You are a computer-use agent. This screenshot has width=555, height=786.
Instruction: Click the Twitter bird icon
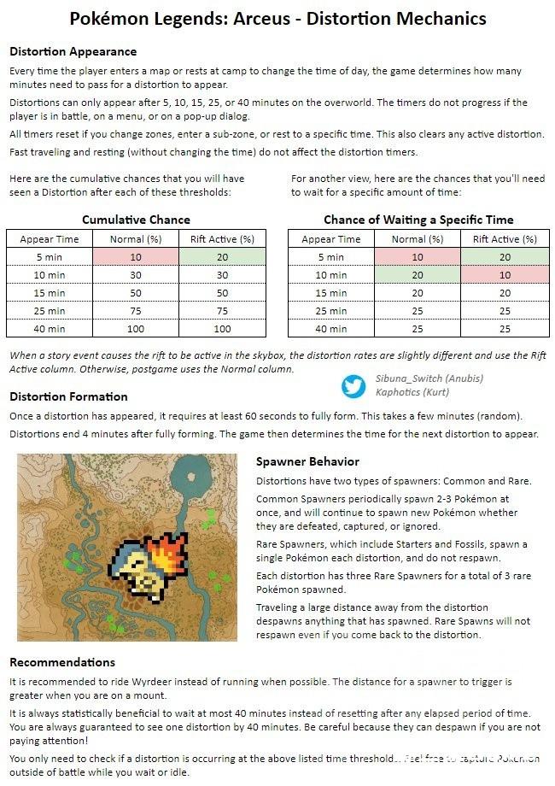pyautogui.click(x=353, y=386)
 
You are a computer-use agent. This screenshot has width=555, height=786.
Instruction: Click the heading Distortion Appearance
pyautogui.click(x=73, y=51)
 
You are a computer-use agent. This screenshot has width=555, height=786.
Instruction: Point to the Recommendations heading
pyautogui.click(x=61, y=662)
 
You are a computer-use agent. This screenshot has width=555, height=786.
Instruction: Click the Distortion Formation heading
pyautogui.click(x=68, y=396)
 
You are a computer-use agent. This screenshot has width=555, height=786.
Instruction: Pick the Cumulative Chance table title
pyautogui.click(x=135, y=220)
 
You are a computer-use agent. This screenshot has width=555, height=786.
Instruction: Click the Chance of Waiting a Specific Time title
pyautogui.click(x=418, y=220)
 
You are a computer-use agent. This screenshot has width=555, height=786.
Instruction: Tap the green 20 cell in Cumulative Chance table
pyautogui.click(x=222, y=257)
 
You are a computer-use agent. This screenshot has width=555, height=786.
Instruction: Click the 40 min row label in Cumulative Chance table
pyautogui.click(x=50, y=329)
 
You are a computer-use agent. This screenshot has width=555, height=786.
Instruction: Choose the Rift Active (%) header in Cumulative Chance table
pyautogui.click(x=222, y=239)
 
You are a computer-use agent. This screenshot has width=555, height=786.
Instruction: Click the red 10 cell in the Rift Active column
pyautogui.click(x=504, y=275)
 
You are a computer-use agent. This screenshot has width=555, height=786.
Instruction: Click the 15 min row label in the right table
pyautogui.click(x=331, y=293)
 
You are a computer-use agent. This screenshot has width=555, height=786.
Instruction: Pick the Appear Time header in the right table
pyautogui.click(x=331, y=239)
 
